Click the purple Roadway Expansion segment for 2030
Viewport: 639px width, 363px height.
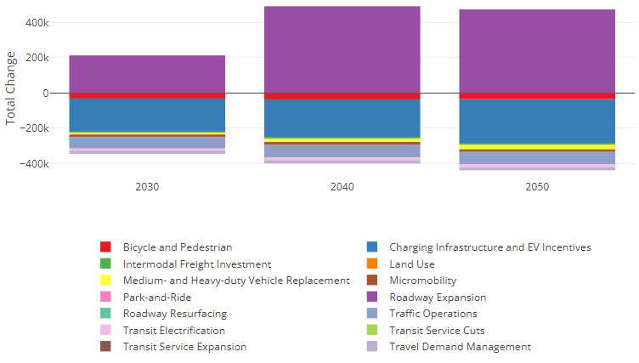[x=147, y=74]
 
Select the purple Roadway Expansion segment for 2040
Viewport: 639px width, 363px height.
[x=342, y=49]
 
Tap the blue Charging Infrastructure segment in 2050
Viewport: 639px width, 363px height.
[x=537, y=121]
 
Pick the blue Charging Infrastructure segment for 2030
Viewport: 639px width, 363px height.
[x=147, y=115]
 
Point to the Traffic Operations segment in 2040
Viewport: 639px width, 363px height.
[x=342, y=151]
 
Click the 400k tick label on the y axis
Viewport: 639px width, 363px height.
[x=37, y=23]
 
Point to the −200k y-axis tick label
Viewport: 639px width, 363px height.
[x=34, y=128]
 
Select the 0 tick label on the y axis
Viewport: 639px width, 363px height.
[x=46, y=94]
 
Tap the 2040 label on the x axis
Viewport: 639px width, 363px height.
[x=342, y=187]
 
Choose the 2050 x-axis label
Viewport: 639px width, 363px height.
[x=537, y=187]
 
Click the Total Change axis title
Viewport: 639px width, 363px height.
[x=10, y=88]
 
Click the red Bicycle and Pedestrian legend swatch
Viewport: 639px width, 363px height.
[x=105, y=247]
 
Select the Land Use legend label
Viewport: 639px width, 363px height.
[x=412, y=264]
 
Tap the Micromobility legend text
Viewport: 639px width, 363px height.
[x=423, y=281]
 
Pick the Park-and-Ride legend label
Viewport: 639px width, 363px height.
[x=157, y=298]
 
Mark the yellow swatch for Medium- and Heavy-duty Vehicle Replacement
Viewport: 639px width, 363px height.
[x=105, y=281]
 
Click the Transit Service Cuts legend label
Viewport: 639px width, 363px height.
[x=438, y=331]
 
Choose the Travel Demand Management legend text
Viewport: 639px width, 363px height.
[x=461, y=347]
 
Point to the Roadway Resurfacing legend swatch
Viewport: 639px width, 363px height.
[x=105, y=313]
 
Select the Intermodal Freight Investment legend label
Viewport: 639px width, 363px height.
[x=197, y=264]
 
